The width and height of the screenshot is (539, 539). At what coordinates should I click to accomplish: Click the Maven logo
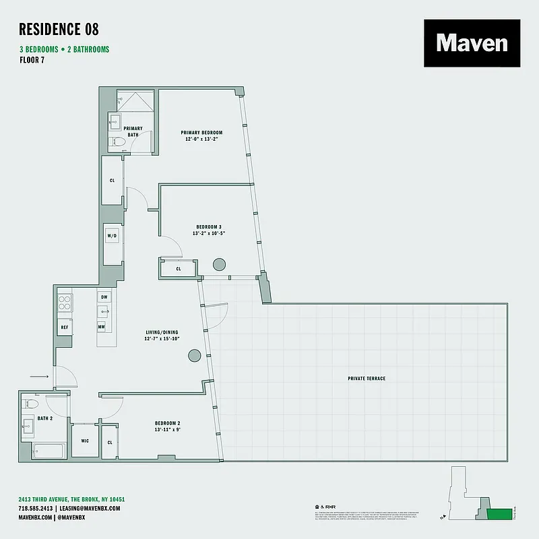pos(472,43)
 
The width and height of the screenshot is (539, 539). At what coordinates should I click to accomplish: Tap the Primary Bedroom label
pos(201,132)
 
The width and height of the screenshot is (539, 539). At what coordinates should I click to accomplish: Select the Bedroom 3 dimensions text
pos(210,233)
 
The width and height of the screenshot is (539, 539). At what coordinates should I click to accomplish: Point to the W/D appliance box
pos(112,236)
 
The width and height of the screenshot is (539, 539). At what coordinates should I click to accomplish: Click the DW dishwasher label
pos(104,296)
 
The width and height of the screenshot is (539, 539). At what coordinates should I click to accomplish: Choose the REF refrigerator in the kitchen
pos(65,327)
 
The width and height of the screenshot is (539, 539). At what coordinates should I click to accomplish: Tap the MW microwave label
pos(102,327)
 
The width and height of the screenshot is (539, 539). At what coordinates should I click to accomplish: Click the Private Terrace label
pos(367,379)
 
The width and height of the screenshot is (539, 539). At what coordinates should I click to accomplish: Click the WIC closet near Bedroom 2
pos(84,441)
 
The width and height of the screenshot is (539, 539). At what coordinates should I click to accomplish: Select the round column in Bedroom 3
pos(219,265)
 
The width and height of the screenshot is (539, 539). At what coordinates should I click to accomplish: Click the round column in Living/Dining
pos(195,355)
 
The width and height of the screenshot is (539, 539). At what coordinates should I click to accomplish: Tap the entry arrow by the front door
pos(41,377)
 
